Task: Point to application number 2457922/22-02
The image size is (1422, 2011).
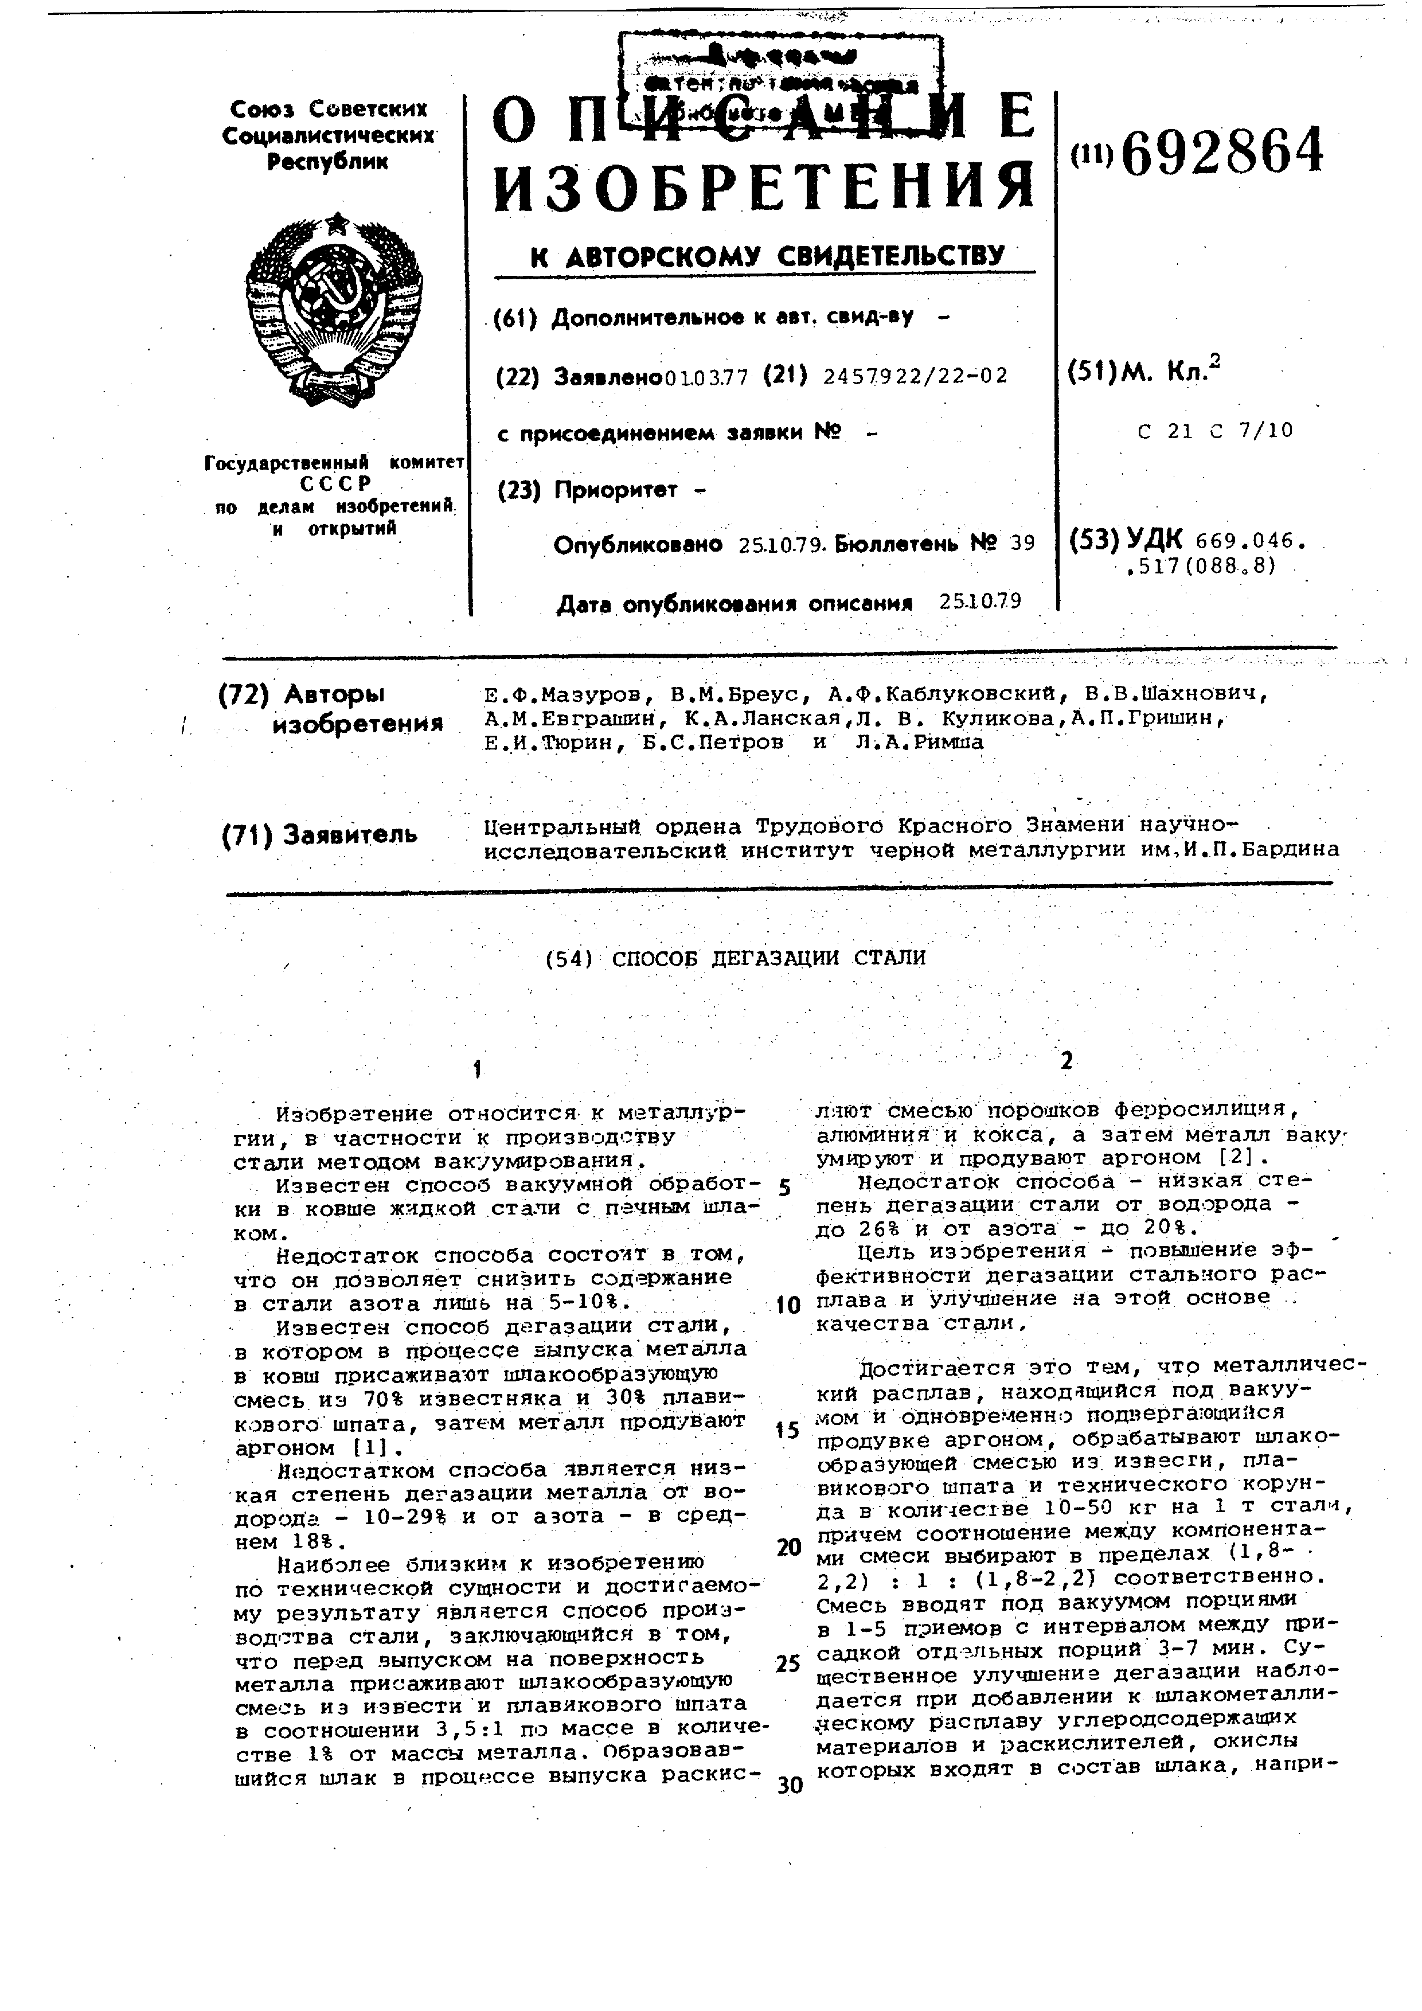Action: [916, 376]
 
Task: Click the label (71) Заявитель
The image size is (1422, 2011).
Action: [319, 835]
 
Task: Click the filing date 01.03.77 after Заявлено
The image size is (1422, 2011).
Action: [706, 377]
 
